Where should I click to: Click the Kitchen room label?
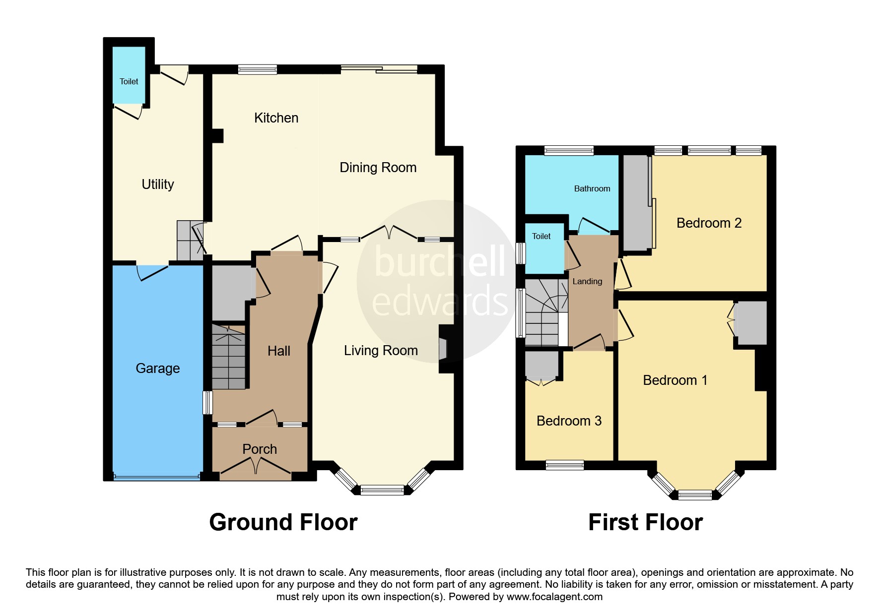pos(276,118)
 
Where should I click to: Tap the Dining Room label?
pos(378,168)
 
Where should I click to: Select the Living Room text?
pos(381,351)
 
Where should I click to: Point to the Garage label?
pos(158,369)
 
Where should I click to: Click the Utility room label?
pos(158,184)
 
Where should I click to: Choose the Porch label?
pos(260,449)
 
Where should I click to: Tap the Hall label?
pos(279,351)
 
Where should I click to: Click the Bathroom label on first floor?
pos(592,188)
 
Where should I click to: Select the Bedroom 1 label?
pos(675,380)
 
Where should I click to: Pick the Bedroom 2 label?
pos(709,223)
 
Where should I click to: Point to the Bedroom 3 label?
pos(569,421)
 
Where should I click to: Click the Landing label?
pos(587,282)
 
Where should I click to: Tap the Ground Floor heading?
pos(283,522)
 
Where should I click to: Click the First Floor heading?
pos(646,522)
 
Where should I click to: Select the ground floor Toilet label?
pos(129,81)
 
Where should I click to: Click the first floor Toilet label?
pos(541,236)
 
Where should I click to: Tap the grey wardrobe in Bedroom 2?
pos(636,203)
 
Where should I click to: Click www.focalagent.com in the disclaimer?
pos(554,597)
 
